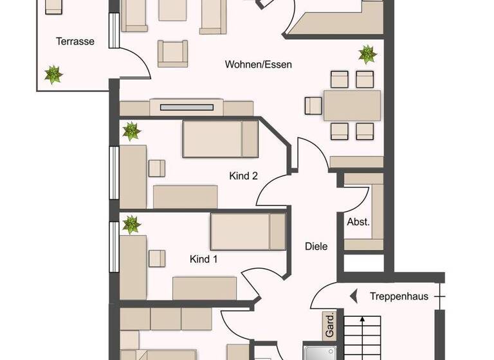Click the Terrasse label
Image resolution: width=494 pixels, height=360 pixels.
(x=75, y=42)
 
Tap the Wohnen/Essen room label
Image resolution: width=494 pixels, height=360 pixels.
(x=259, y=64)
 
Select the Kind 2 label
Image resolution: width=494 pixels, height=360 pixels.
(x=244, y=175)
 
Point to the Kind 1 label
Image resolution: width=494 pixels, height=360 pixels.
(x=203, y=259)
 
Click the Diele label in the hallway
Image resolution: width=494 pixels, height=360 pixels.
(x=316, y=246)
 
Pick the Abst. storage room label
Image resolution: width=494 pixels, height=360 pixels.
(x=358, y=222)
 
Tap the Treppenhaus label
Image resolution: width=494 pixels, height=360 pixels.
(x=399, y=296)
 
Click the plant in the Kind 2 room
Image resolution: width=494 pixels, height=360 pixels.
(x=131, y=132)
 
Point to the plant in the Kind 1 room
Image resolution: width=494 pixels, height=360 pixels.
(x=131, y=224)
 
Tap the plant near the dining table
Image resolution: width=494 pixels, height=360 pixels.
(x=367, y=54)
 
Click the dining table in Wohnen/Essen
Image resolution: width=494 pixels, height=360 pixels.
(x=352, y=106)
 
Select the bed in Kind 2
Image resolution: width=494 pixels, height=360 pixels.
(x=221, y=139)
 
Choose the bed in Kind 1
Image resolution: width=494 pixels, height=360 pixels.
(x=248, y=231)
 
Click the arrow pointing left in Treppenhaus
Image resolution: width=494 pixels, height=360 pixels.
(x=354, y=296)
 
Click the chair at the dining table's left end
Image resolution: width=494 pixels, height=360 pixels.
(x=313, y=106)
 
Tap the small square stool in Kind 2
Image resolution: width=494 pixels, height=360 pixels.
(x=157, y=167)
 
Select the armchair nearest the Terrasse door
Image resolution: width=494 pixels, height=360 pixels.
(x=172, y=53)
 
